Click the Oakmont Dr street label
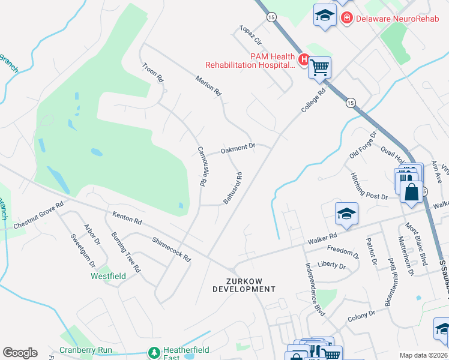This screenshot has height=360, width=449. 238,147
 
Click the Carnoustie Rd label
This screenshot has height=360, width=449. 202,166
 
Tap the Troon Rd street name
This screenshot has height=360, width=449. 153,72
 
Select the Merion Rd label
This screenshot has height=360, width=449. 209,86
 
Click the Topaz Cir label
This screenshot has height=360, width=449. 251,36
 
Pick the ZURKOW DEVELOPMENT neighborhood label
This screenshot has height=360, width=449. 244,284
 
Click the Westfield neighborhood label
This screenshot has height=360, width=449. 108,277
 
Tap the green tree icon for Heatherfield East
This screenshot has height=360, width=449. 155,351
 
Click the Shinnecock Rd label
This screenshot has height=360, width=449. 171,248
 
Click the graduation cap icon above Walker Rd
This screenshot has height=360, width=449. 346,214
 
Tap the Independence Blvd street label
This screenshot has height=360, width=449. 315,289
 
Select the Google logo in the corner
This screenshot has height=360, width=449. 20,353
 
